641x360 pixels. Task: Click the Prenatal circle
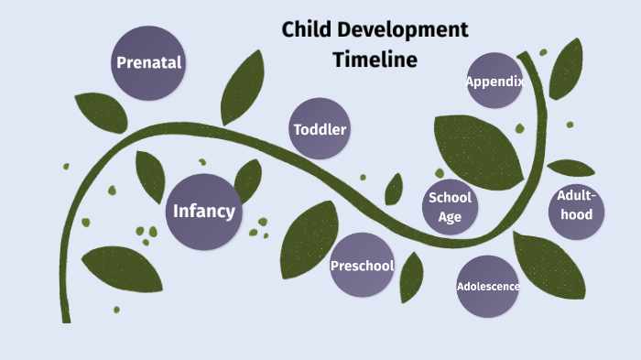[x=148, y=63]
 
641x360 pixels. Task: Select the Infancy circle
[x=204, y=212]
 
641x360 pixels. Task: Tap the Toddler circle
[x=320, y=129]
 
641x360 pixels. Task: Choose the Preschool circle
[x=362, y=266]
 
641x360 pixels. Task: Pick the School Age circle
[x=450, y=207]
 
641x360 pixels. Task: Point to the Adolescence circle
[x=488, y=287]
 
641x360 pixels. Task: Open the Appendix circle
[x=494, y=81]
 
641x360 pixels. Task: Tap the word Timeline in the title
[x=375, y=60]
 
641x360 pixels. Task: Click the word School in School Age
[x=450, y=197]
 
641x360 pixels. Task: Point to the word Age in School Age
[x=450, y=217]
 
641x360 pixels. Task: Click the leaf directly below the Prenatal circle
[x=100, y=112]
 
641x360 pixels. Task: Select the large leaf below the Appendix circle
[x=476, y=147]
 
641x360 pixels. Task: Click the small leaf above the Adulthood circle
[x=570, y=168]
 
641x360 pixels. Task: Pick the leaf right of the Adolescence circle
[x=549, y=266]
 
